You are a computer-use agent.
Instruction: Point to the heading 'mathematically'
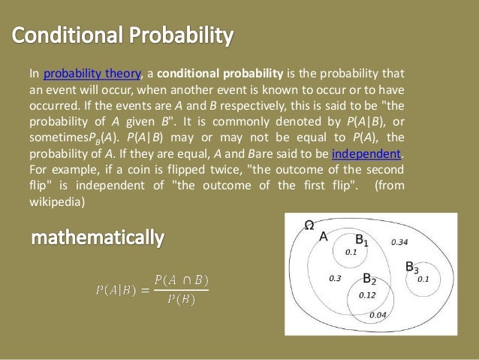tap(97, 239)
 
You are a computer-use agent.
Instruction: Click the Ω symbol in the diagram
tap(309, 225)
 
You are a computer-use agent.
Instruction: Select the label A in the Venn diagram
tap(324, 236)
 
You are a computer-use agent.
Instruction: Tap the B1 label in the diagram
tap(361, 241)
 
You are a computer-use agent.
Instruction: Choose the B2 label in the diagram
tap(369, 279)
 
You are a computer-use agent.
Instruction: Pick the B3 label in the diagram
tap(411, 267)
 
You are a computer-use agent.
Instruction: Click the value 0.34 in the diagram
tap(400, 242)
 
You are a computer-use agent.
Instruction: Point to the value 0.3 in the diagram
tap(336, 278)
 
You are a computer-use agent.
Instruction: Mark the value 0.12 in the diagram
tap(367, 295)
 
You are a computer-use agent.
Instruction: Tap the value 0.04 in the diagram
tap(378, 314)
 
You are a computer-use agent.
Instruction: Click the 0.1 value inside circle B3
tap(423, 279)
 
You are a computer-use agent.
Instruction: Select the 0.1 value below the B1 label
tap(351, 253)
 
